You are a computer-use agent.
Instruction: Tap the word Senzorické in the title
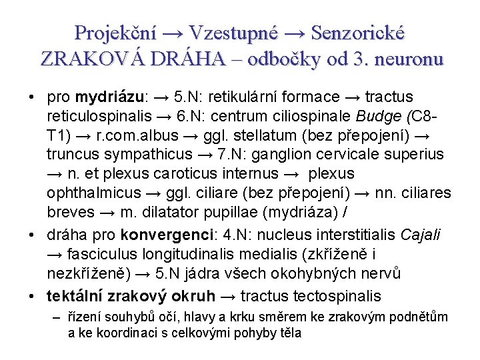pos(358,33)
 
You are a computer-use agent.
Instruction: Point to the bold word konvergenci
pos(159,235)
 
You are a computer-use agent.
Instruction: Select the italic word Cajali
pos(421,235)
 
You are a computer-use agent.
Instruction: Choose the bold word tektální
pos(73,295)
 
